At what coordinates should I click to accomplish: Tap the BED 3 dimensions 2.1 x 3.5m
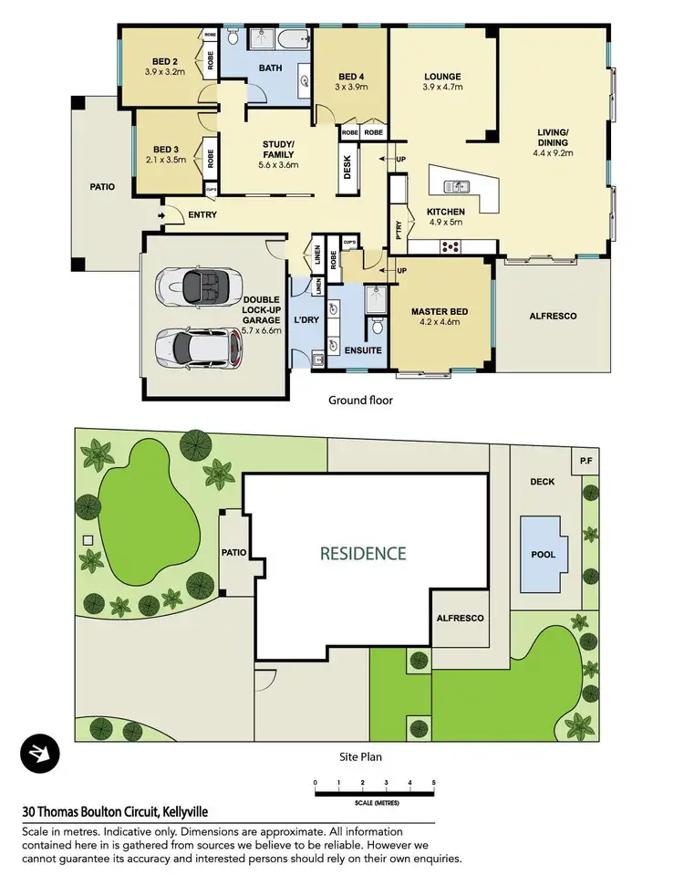click(164, 160)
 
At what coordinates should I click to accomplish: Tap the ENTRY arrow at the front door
click(161, 215)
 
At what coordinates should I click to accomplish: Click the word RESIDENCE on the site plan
click(363, 553)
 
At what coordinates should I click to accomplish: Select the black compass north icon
click(40, 753)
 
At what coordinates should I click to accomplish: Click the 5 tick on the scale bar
click(434, 783)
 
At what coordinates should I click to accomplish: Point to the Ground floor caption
click(360, 400)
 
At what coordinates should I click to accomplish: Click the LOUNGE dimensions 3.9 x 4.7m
click(442, 88)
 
